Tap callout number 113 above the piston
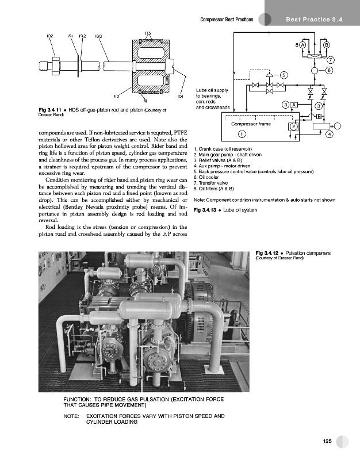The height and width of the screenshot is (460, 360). tap(148, 33)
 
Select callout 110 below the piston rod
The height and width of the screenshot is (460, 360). tap(116, 96)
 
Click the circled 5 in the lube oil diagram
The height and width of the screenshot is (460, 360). tap(284, 75)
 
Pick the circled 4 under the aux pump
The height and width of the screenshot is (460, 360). tap(329, 135)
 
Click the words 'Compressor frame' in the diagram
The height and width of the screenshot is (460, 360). tap(251, 123)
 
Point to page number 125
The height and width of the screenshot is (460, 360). tap(327, 441)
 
